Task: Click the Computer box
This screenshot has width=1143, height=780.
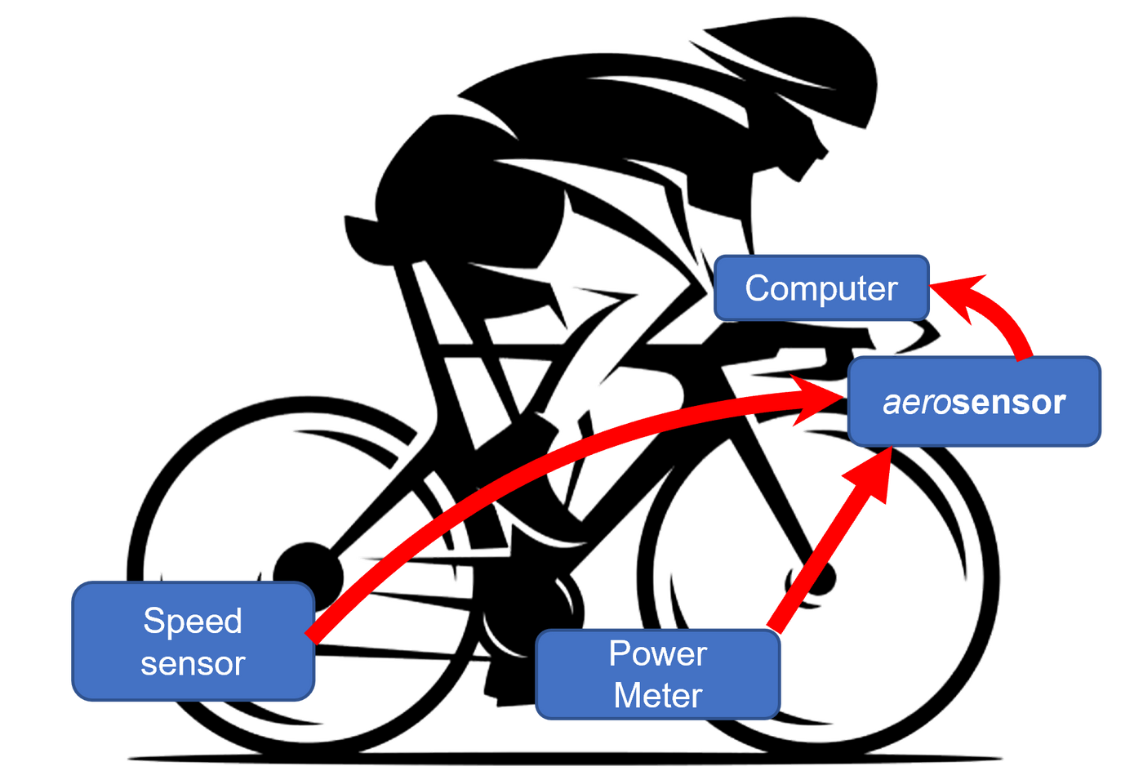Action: pos(821,287)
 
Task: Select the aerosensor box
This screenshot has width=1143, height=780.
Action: pos(975,402)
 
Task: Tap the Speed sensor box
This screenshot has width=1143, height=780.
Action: pos(193,642)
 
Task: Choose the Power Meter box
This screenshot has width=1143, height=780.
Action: pos(658,675)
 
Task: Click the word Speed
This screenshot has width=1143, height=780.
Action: pos(193,621)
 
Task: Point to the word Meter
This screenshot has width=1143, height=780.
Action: pos(658,696)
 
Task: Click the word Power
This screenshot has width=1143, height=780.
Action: pos(658,653)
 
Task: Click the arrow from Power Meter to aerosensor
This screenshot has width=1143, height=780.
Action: pos(825,547)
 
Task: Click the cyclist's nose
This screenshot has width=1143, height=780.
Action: pos(826,150)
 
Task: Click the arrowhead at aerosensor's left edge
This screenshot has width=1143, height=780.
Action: pos(821,399)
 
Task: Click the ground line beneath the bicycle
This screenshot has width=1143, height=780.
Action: pos(563,760)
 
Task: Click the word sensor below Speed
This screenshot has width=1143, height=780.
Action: pos(193,664)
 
